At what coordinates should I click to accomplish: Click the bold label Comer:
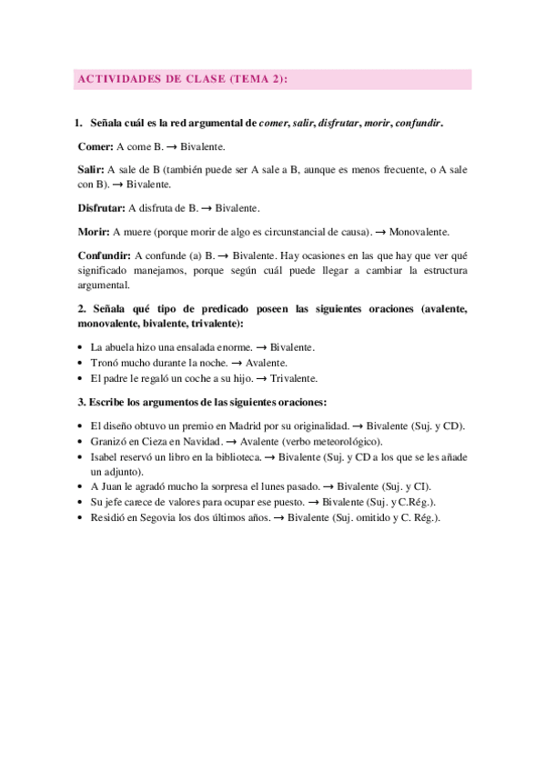(x=96, y=145)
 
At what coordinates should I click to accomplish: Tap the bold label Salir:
(x=91, y=169)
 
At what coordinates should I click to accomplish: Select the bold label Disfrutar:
(x=102, y=207)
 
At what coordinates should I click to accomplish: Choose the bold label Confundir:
(x=104, y=256)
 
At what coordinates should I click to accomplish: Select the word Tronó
(x=106, y=363)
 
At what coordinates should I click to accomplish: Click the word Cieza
(x=156, y=440)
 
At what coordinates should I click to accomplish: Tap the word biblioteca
(x=238, y=456)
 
